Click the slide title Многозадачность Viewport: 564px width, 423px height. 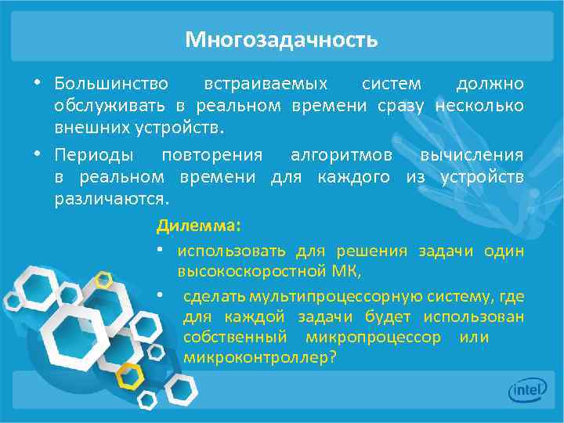281,39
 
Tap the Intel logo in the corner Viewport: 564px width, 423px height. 527,389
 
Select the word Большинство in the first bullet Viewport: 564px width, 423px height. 111,83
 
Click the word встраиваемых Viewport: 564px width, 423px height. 266,83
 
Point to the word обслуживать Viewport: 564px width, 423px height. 110,105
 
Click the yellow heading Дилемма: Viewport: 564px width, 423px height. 199,226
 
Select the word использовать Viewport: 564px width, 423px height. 233,251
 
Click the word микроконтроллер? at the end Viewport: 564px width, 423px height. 259,358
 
